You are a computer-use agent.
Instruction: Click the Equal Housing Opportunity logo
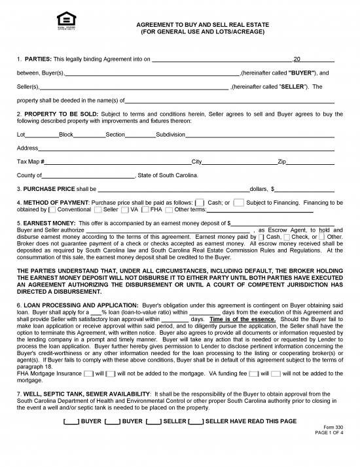[x=63, y=20]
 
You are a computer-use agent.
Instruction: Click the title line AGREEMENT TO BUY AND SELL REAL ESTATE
[x=202, y=24]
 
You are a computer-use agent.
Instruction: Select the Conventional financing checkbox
[x=52, y=210]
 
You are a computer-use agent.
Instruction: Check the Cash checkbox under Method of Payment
[x=200, y=203]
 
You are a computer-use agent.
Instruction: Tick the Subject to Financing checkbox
[x=239, y=203]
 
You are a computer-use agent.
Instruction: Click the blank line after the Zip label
[x=310, y=162]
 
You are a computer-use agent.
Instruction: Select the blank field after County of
[x=88, y=175]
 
